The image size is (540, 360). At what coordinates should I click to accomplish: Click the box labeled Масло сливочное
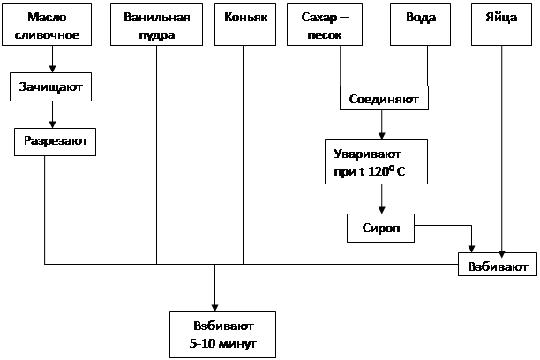point(47,25)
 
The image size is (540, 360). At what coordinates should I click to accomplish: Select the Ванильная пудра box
point(157,25)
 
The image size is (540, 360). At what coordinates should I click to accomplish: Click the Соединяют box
point(385,98)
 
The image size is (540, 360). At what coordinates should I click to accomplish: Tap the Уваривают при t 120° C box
point(378,161)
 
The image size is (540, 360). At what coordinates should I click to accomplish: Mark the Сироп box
point(380,228)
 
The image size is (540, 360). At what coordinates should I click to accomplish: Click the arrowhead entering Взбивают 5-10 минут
point(214,302)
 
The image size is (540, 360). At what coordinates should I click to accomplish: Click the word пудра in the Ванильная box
point(157,35)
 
